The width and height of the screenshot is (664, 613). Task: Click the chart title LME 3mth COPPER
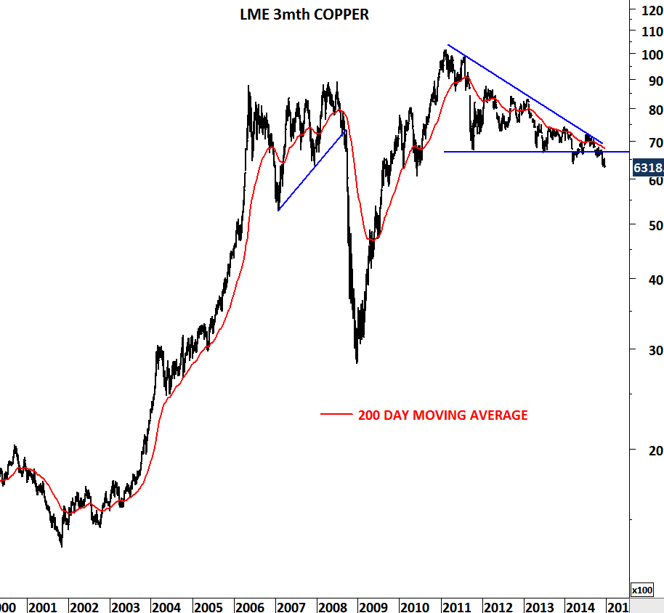304,15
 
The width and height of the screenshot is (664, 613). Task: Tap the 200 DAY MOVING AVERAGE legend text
442,415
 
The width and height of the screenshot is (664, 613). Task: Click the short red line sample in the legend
336,415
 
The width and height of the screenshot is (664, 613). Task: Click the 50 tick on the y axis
646,225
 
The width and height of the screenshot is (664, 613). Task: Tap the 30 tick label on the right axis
646,350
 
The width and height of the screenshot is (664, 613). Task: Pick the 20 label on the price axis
646,450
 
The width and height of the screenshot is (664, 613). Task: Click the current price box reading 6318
647,168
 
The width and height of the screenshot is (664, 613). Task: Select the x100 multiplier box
643,590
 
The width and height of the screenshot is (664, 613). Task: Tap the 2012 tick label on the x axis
498,607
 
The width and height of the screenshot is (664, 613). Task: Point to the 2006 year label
249,607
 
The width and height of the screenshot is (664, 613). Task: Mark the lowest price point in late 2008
357,362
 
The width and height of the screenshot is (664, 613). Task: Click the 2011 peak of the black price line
445,50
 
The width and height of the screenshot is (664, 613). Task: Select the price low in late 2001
61,545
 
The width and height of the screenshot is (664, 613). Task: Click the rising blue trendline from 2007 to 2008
311,171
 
